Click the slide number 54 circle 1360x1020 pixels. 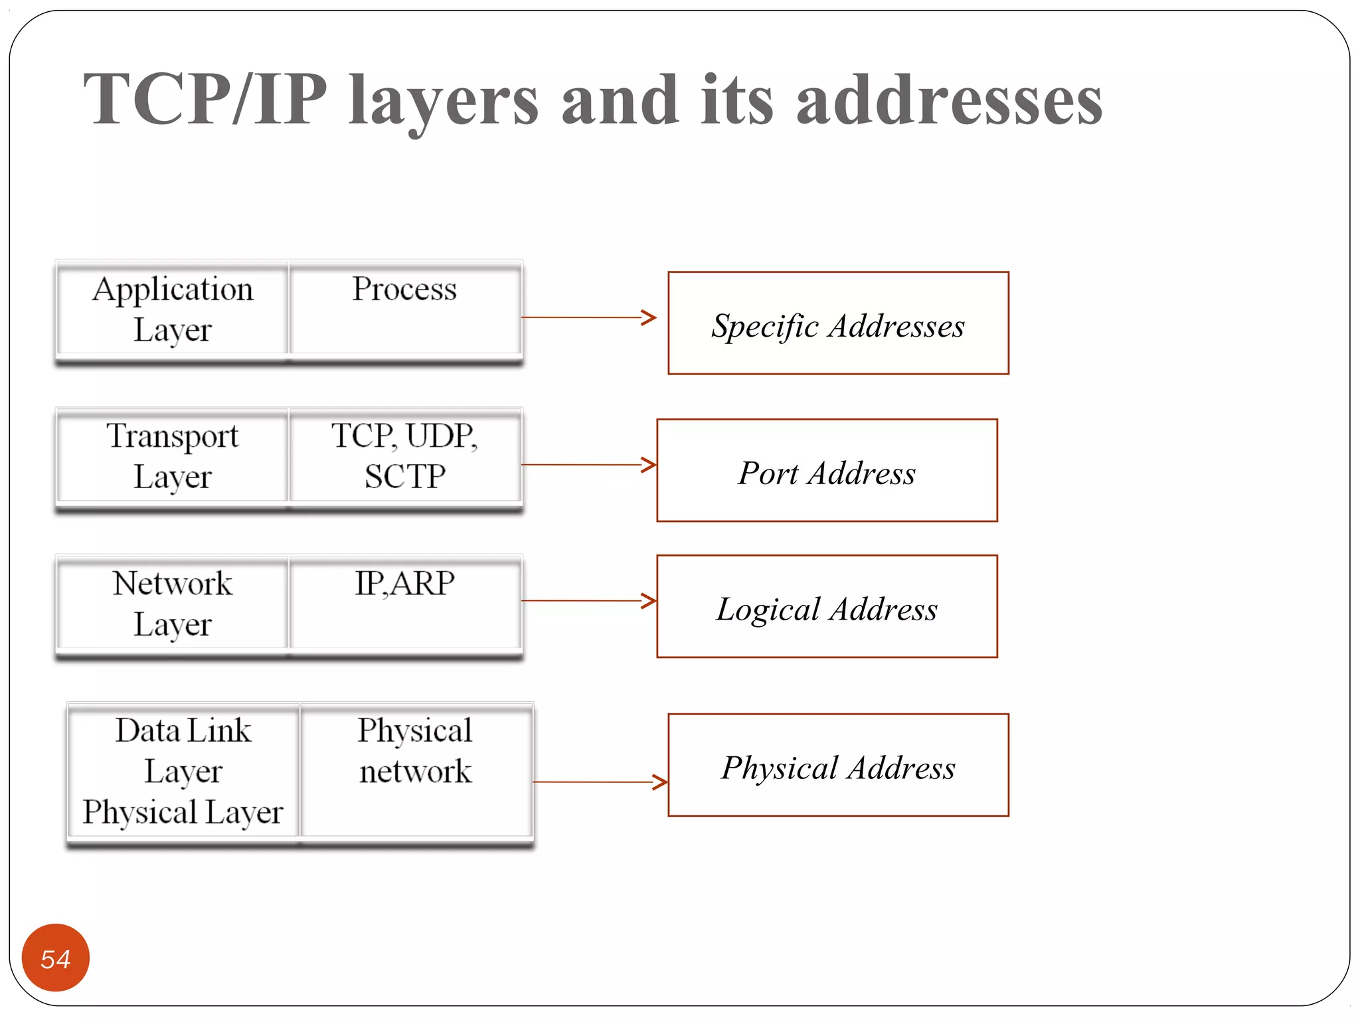point(56,958)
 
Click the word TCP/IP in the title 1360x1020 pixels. point(205,100)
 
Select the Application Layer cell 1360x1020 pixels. point(173,309)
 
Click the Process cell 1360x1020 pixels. point(404,309)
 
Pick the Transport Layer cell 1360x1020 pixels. point(173,457)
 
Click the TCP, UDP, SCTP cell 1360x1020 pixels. point(404,457)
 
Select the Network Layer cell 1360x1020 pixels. point(173,604)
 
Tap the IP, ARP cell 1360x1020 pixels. point(404,604)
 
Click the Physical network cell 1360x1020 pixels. point(416,770)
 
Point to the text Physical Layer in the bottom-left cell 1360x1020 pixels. point(183,812)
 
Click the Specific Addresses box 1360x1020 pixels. point(838,323)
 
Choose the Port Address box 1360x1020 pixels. point(827,471)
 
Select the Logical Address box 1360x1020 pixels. point(827,607)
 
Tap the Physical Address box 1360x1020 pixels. point(838,766)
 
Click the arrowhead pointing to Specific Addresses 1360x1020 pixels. point(649,317)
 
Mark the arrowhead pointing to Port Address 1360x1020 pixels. point(649,465)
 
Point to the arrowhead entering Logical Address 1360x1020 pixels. point(649,601)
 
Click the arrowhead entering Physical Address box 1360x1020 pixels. point(661,782)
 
